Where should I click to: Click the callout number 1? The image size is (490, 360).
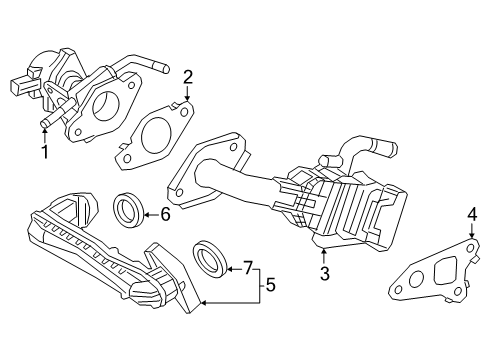click(x=43, y=152)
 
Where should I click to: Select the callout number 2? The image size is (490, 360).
click(x=187, y=76)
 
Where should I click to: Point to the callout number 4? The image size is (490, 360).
click(x=472, y=213)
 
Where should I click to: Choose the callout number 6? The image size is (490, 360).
click(x=165, y=213)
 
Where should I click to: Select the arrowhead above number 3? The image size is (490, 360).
click(x=323, y=249)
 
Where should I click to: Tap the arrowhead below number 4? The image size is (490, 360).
click(x=472, y=235)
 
